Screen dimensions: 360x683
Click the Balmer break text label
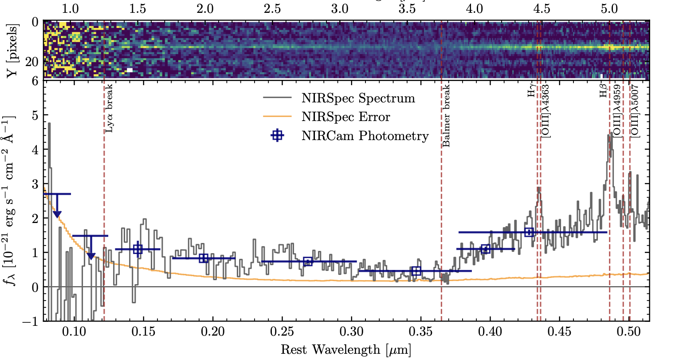[x=447, y=115]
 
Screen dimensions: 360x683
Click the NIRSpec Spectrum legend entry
[x=358, y=98]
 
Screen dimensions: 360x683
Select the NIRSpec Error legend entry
[x=345, y=117]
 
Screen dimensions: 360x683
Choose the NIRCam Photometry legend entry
[x=365, y=136]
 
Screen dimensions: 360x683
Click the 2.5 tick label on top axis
[x=272, y=9]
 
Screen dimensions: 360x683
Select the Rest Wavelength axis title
[x=346, y=350]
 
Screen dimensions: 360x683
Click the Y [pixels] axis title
[x=13, y=50]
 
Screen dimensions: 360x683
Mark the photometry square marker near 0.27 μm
[x=308, y=261]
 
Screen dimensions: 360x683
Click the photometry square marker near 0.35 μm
[x=416, y=271]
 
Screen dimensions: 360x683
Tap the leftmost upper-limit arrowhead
[x=57, y=215]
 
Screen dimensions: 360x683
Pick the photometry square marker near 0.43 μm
[x=529, y=232]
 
